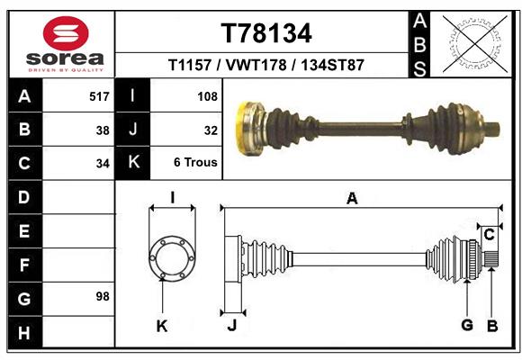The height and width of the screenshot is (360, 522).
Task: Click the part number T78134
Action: pyautogui.click(x=266, y=34)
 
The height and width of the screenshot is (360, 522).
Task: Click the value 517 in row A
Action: pyautogui.click(x=99, y=96)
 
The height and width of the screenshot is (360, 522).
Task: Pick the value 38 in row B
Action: pyautogui.click(x=103, y=130)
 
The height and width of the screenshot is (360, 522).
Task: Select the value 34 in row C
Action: pyautogui.click(x=103, y=164)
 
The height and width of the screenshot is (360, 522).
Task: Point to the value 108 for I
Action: pyautogui.click(x=206, y=96)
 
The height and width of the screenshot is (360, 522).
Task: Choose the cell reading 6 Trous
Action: pyautogui.click(x=195, y=164)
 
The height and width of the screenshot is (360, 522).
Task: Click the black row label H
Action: pyautogui.click(x=23, y=333)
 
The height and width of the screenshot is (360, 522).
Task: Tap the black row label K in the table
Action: pyautogui.click(x=133, y=163)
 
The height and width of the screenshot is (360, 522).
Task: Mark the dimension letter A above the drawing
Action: pyautogui.click(x=352, y=199)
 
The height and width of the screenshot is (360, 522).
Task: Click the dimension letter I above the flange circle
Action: pyautogui.click(x=172, y=199)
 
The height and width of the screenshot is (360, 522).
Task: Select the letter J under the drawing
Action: pyautogui.click(x=231, y=325)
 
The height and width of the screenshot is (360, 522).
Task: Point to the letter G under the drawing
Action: pyautogui.click(x=467, y=325)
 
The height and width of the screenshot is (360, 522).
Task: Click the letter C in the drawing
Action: pyautogui.click(x=489, y=235)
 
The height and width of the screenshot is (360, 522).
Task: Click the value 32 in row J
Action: pyautogui.click(x=211, y=130)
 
